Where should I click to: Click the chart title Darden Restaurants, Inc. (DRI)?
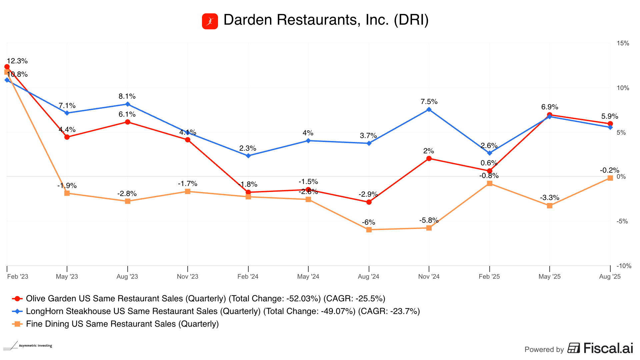326,20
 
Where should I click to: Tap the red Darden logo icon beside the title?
210,21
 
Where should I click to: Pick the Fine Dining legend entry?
122,324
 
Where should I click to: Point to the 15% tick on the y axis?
623,43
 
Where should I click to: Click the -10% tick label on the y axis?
624,266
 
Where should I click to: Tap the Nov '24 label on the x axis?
429,276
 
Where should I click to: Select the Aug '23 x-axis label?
127,276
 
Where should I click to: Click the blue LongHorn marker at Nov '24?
429,109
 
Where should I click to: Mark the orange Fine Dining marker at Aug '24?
369,230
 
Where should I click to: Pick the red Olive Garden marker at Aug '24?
369,202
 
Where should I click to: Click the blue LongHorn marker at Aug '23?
128,104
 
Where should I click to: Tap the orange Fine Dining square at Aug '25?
610,178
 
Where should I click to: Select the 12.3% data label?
17,61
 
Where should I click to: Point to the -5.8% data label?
429,220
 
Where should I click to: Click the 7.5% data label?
429,102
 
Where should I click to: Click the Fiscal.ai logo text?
608,348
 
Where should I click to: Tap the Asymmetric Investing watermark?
35,346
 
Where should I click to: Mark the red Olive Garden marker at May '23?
67,137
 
